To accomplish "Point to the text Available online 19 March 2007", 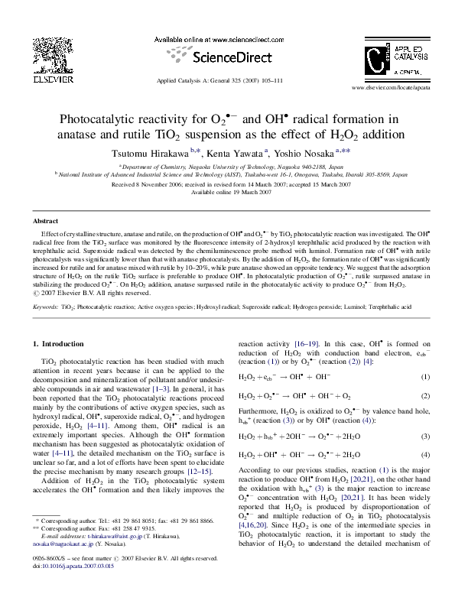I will pos(227,192).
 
